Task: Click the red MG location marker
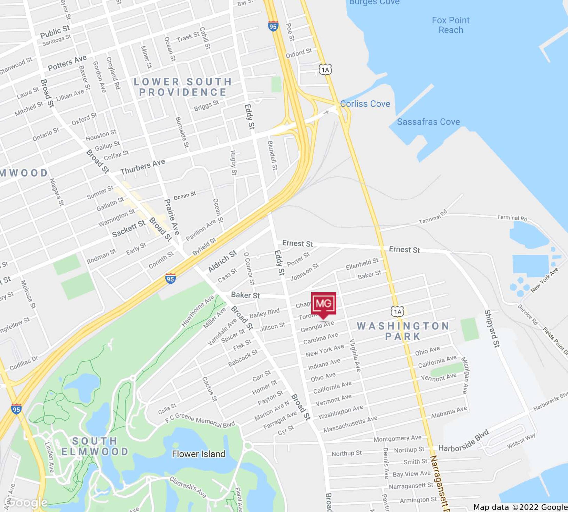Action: pos(323,304)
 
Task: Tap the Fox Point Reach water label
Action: pos(451,25)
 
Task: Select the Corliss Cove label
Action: pos(365,104)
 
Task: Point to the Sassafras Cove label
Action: pos(428,122)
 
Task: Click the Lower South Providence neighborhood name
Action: pos(183,87)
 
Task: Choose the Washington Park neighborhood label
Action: pos(403,331)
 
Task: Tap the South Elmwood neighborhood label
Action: pos(95,446)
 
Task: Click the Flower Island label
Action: pos(199,454)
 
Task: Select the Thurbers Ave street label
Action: pos(143,167)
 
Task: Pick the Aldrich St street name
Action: pos(222,261)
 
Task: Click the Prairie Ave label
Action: pos(172,217)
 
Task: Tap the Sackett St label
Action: pos(129,229)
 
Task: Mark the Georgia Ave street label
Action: pos(317,326)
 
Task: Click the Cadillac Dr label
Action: pos(24,363)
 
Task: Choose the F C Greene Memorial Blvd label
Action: pos(200,420)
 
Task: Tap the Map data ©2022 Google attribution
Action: pos(520,507)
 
